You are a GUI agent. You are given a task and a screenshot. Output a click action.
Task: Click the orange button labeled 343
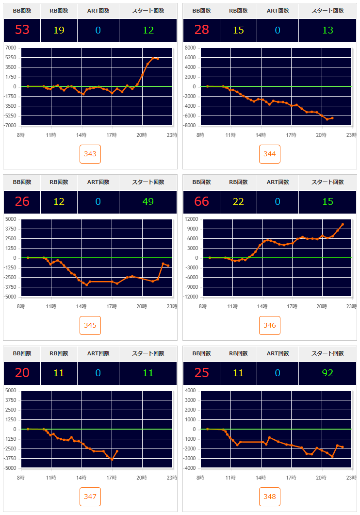(90, 154)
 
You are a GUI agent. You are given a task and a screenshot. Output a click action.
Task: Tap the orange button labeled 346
(270, 325)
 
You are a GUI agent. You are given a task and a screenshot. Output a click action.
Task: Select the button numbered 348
(270, 497)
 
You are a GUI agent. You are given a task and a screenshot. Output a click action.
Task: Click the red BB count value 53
(22, 30)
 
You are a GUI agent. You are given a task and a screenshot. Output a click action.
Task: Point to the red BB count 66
(202, 201)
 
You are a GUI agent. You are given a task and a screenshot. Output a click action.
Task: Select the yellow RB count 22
(238, 201)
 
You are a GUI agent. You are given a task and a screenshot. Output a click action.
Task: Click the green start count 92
(327, 373)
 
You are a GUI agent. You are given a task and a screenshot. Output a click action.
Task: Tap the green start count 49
(148, 201)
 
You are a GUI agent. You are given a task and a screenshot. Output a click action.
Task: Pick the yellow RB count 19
(59, 30)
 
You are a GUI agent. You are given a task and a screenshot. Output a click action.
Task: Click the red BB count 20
(22, 373)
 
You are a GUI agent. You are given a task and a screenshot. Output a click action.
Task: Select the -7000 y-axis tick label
(11, 126)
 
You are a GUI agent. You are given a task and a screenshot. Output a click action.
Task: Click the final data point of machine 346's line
(343, 224)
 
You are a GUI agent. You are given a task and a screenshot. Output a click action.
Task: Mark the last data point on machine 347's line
(117, 451)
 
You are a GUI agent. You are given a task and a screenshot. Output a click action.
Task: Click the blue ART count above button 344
(278, 30)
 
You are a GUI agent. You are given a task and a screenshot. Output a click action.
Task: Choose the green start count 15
(327, 201)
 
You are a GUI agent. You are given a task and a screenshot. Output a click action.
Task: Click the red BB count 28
(202, 30)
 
